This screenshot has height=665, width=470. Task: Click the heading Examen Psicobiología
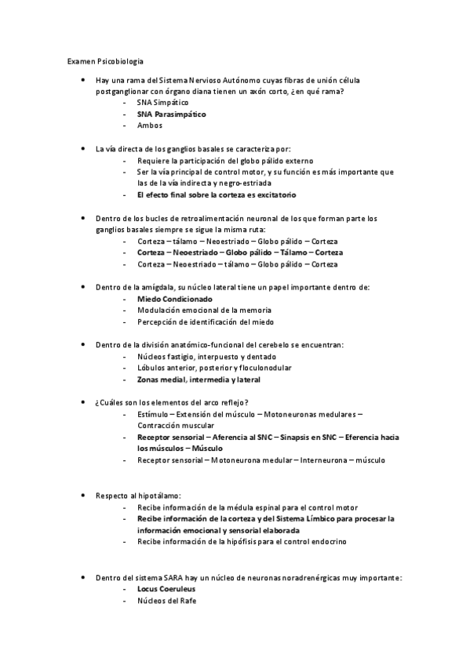104,60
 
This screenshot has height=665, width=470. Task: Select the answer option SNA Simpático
162,103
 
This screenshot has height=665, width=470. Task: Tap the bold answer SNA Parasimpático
172,114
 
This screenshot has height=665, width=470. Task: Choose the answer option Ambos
150,125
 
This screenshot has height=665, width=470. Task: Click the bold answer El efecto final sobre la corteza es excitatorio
217,194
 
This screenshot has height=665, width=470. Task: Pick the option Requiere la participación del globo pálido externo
225,160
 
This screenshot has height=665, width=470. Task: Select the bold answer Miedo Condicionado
175,299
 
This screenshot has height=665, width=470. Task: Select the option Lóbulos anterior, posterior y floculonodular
214,369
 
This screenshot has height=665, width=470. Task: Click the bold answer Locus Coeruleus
166,588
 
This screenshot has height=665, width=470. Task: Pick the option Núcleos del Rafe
166,601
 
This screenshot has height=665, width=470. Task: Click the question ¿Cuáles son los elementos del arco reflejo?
171,402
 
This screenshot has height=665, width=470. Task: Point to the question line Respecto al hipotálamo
138,496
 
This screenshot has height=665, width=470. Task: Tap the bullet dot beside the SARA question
83,576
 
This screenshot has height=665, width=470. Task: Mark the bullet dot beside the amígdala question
83,287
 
